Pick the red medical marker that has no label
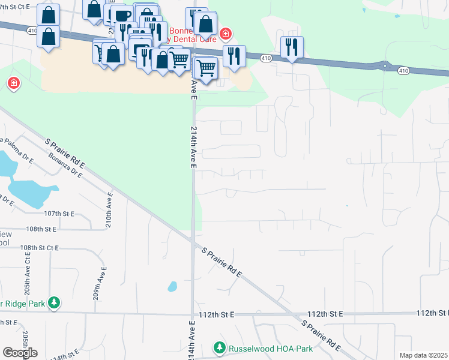(13, 83)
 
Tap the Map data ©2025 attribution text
(424, 355)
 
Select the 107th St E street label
(58, 214)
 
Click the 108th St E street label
(41, 229)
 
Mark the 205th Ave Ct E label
(28, 269)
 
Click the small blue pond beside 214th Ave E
(173, 286)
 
